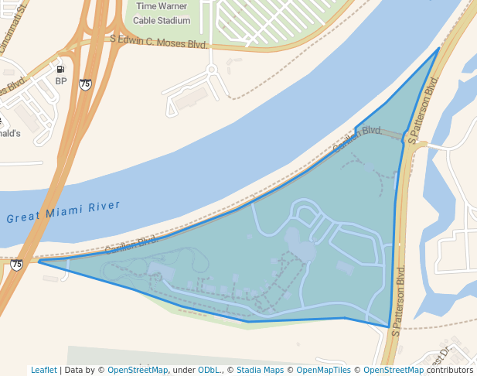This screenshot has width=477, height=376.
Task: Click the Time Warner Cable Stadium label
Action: click(162, 13)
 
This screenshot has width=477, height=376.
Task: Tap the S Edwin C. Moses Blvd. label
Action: click(158, 41)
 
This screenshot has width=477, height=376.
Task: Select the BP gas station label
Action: click(61, 80)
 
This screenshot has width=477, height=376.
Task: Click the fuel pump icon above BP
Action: click(60, 68)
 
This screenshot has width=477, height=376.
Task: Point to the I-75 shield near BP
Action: click(85, 84)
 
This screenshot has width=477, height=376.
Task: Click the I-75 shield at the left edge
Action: click(17, 265)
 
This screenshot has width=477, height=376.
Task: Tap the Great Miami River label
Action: click(64, 211)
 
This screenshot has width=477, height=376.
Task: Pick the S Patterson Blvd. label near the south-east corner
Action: click(398, 301)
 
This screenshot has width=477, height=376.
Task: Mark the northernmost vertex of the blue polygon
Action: click(438, 48)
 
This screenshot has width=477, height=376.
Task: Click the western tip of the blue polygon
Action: click(39, 261)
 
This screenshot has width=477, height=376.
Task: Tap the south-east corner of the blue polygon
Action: click(388, 326)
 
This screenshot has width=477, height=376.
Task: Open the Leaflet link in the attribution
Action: click(44, 370)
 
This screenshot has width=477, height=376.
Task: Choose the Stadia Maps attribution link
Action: click(260, 370)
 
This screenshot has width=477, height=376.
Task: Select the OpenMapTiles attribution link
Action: click(325, 370)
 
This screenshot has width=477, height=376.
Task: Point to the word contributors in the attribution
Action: click(450, 370)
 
